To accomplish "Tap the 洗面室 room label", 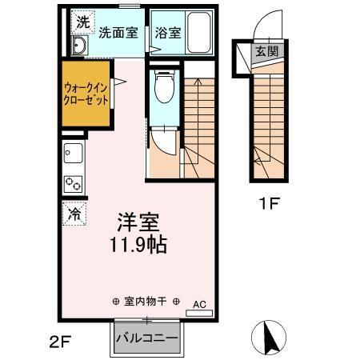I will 118,33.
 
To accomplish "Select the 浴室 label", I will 167,33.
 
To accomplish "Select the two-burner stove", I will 73,182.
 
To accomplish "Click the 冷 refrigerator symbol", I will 74,214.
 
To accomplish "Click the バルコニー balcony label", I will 146,337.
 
